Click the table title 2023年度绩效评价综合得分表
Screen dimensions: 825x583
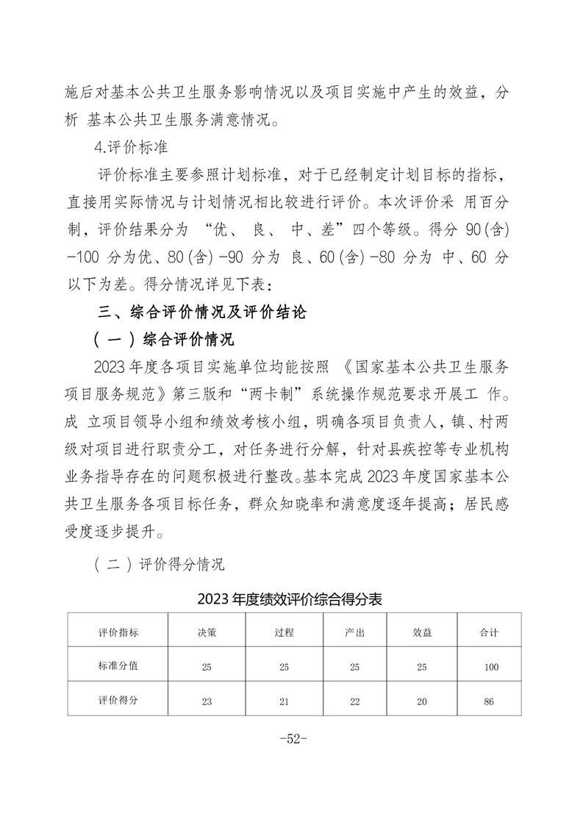(x=290, y=599)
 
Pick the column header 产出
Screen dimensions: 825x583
(x=355, y=632)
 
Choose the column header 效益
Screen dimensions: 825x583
(x=422, y=632)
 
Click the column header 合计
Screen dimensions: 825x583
(x=489, y=632)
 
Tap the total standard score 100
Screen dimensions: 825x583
(x=490, y=667)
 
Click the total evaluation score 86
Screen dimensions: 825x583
(x=489, y=701)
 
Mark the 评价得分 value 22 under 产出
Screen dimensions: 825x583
(x=355, y=701)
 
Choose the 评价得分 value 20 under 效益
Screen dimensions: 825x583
(x=422, y=701)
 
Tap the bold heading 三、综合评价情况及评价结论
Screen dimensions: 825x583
(x=202, y=312)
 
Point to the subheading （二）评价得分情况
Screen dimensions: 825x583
(x=159, y=565)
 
